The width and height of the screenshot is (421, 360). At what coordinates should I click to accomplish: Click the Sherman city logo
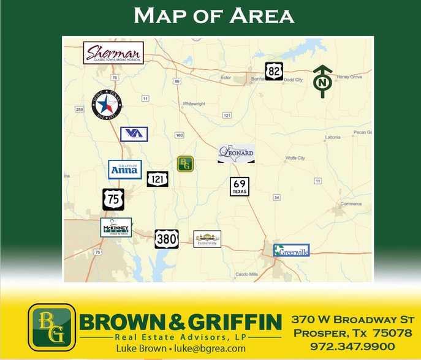point(113,53)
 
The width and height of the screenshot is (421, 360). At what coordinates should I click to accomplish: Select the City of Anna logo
point(125,169)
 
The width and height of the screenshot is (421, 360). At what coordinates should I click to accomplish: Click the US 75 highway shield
point(113,199)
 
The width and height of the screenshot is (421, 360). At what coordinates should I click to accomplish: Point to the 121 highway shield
point(157,179)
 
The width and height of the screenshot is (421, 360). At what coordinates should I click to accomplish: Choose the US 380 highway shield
point(166,238)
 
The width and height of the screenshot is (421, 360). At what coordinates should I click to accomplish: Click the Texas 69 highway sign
point(240,187)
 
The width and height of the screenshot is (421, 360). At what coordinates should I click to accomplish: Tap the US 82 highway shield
point(274,71)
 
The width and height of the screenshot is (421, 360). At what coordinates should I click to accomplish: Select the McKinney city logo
point(116,227)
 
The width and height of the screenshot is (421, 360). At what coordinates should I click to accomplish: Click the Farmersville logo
point(207,239)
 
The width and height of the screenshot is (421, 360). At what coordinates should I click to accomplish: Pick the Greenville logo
point(291,250)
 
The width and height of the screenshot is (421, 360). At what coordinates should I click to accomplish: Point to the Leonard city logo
point(236,153)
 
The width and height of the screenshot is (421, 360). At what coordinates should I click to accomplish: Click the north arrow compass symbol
point(322,81)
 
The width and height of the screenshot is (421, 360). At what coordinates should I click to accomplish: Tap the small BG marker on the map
point(185,163)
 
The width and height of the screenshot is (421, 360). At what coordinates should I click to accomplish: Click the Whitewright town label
point(194,104)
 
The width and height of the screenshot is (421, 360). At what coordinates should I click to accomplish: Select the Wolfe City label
point(295,158)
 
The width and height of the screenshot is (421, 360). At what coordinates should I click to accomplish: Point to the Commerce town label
point(351,204)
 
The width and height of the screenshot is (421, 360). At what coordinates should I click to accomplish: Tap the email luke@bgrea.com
point(211,348)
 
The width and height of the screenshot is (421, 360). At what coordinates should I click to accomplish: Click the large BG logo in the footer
point(51,327)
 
